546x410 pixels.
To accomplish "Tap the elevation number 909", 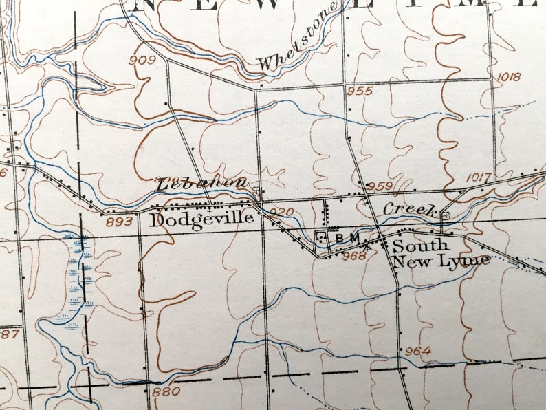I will [142, 60].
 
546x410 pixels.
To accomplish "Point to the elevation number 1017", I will [479, 177].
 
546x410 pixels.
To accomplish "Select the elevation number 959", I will [380, 186].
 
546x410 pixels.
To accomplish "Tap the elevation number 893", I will [119, 222].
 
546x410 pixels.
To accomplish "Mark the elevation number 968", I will [354, 256].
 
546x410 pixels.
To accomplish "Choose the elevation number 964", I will [417, 351].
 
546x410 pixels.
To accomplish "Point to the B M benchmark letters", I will [347, 238].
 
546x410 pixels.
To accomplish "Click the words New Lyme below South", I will [441, 260].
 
